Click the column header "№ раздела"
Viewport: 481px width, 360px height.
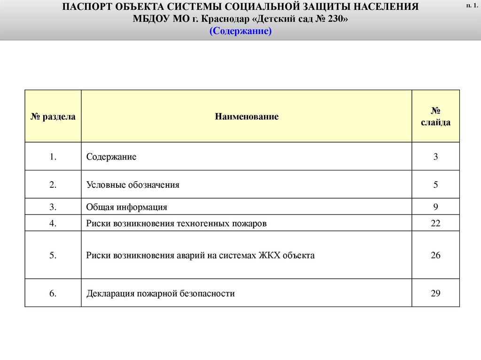pyautogui.click(x=53, y=116)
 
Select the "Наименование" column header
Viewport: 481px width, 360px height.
pyautogui.click(x=247, y=116)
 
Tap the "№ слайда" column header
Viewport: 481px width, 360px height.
pyautogui.click(x=435, y=116)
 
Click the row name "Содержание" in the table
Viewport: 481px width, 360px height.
pyautogui.click(x=111, y=157)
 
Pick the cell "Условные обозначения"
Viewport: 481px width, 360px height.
pyautogui.click(x=133, y=185)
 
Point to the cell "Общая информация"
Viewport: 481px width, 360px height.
pyautogui.click(x=127, y=207)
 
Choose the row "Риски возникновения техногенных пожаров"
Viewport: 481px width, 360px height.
pyautogui.click(x=176, y=223)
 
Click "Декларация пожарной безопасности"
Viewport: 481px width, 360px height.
pyautogui.click(x=160, y=294)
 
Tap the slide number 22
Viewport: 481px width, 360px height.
pyautogui.click(x=435, y=223)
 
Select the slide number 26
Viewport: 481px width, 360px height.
pyautogui.click(x=435, y=255)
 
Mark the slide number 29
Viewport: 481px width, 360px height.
pyautogui.click(x=435, y=294)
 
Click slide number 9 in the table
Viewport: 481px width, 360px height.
pyautogui.click(x=435, y=207)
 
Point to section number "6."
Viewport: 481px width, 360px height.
pyautogui.click(x=53, y=294)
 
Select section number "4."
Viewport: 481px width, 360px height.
pyautogui.click(x=53, y=223)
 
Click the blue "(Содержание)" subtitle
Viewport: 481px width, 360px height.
pyautogui.click(x=240, y=31)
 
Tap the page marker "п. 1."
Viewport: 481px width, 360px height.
pyautogui.click(x=471, y=5)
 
